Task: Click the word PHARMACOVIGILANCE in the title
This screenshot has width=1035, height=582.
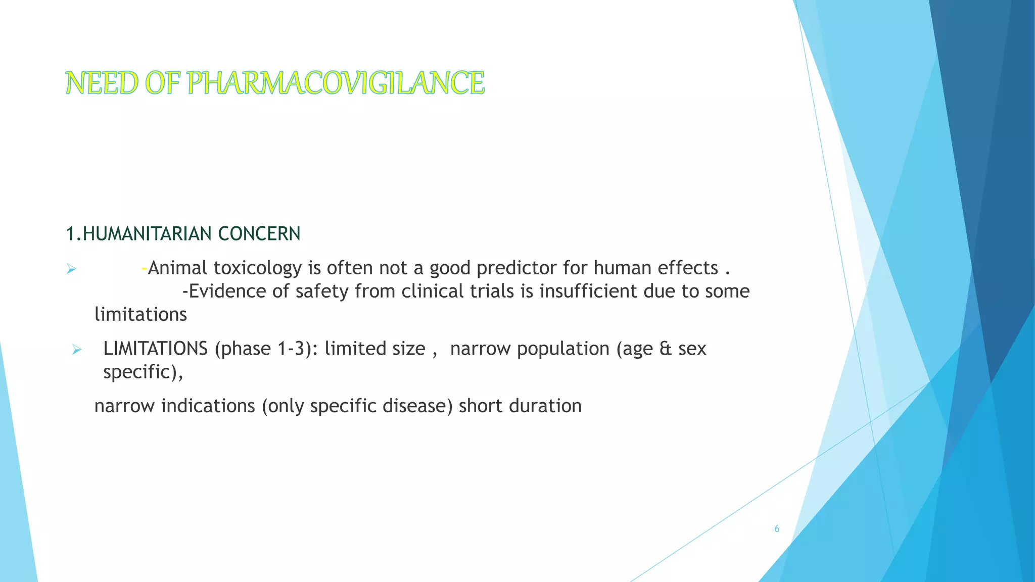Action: click(336, 83)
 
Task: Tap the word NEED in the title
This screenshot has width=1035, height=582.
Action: click(102, 83)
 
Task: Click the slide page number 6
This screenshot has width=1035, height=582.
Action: click(777, 529)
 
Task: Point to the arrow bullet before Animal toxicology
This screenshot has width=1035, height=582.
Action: click(71, 269)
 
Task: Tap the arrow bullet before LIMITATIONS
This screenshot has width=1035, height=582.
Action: click(76, 350)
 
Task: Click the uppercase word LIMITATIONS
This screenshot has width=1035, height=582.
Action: click(155, 349)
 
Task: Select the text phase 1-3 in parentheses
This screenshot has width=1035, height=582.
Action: click(262, 349)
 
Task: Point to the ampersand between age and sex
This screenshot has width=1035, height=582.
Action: click(666, 349)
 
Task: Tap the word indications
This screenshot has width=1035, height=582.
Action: click(208, 406)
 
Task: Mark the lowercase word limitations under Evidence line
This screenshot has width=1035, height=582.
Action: click(140, 315)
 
